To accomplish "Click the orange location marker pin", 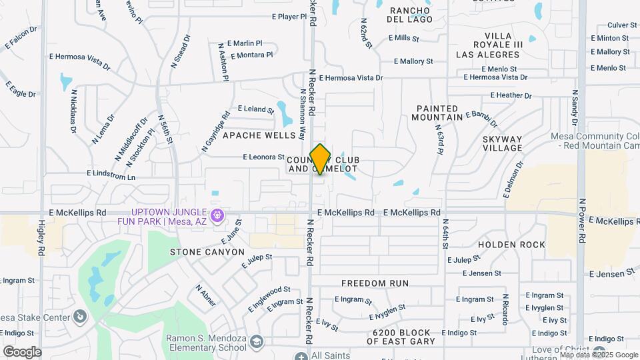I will tap(321, 159).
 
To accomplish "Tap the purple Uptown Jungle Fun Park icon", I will tap(216, 215).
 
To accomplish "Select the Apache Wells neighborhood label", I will tap(259, 135).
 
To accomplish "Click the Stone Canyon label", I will tap(207, 252).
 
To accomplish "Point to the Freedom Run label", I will tap(375, 283).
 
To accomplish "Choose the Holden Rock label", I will tap(511, 245).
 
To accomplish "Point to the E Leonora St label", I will tap(265, 157).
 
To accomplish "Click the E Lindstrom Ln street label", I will tap(111, 175).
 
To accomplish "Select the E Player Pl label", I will tap(289, 17).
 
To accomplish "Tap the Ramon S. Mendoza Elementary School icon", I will tap(258, 342).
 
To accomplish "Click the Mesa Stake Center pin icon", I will tap(81, 316).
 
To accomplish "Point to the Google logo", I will tap(22, 352).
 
